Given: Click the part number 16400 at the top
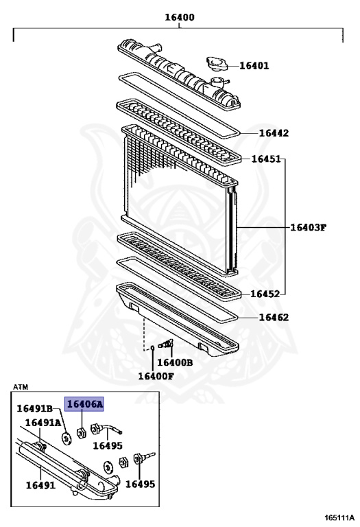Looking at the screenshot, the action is (x=180, y=17).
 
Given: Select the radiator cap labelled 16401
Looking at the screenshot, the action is (x=217, y=63).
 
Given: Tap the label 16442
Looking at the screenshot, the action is (x=274, y=133).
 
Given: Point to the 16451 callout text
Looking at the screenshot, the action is (x=266, y=159).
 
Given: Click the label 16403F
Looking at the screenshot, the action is (x=309, y=228).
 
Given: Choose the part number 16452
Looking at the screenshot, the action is (x=265, y=294).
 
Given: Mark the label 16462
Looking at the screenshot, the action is (x=274, y=317).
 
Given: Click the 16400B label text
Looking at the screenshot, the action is (x=175, y=362).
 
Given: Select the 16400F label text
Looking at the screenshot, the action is (x=156, y=376).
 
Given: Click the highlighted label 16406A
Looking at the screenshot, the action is (x=84, y=404).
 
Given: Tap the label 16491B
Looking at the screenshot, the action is (x=35, y=409).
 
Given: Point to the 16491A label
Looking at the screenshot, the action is (x=43, y=423).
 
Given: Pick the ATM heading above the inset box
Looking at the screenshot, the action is (x=21, y=387).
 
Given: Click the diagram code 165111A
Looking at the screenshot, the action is (x=339, y=517).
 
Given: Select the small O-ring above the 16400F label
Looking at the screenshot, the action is (x=152, y=347).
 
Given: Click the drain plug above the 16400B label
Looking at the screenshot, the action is (x=165, y=344).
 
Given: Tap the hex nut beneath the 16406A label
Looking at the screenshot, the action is (x=82, y=432).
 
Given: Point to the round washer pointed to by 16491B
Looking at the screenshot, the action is (x=67, y=438).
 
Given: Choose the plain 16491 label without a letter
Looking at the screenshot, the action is (x=40, y=485).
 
